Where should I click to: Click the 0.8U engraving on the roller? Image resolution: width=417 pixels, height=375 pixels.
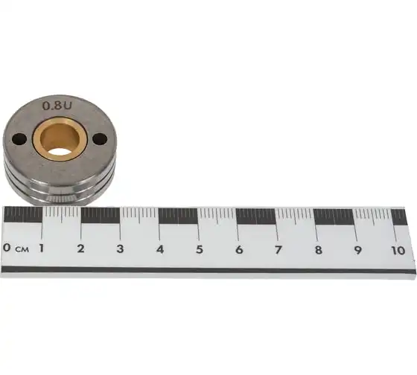pyautogui.click(x=57, y=106)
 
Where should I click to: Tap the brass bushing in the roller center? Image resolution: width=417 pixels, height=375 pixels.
pyautogui.click(x=60, y=138)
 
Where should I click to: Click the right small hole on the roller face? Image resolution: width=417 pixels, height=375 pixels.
pyautogui.click(x=101, y=139)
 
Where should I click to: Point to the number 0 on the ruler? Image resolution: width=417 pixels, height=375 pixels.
pyautogui.click(x=7, y=247)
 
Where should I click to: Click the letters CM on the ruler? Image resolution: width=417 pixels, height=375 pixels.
pyautogui.click(x=22, y=249)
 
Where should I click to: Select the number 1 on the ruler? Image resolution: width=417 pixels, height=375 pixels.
pyautogui.click(x=41, y=248)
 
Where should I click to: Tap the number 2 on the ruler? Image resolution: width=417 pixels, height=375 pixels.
pyautogui.click(x=80, y=249)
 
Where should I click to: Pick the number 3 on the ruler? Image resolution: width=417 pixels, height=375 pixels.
pyautogui.click(x=120, y=249)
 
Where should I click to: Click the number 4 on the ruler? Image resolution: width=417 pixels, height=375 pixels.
pyautogui.click(x=160, y=249)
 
